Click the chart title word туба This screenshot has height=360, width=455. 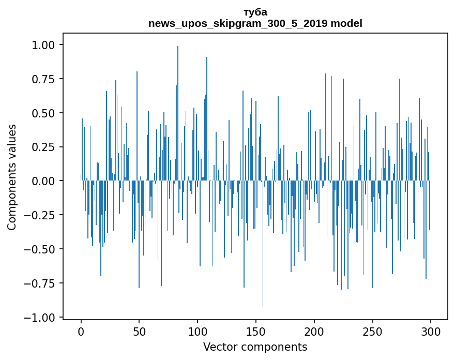point(255,12)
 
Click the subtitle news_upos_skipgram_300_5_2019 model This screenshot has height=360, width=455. point(255,23)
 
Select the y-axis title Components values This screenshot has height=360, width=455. point(12,177)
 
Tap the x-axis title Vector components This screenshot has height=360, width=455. point(255,347)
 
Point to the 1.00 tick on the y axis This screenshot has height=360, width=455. point(43,45)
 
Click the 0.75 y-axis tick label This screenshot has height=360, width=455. point(43,79)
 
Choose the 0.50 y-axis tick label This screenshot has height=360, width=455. point(43,113)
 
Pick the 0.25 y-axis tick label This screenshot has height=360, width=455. point(43,147)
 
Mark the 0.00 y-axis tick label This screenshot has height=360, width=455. point(43,181)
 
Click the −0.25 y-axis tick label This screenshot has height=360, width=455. point(40,215)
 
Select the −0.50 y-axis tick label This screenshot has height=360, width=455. point(40,249)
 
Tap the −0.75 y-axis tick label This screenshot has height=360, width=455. point(40,283)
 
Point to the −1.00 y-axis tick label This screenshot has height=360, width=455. point(40,317)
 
